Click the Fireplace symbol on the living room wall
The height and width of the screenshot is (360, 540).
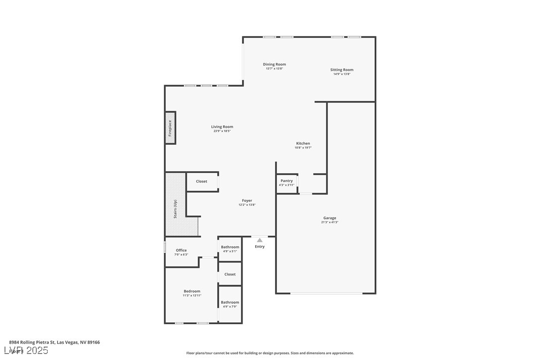(170, 128)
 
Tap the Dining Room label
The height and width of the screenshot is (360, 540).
(274, 64)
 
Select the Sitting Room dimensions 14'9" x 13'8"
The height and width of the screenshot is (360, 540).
(342, 74)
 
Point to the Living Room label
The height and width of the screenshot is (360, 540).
(222, 127)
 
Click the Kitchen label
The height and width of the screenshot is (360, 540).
(303, 143)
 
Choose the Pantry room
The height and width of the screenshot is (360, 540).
(287, 183)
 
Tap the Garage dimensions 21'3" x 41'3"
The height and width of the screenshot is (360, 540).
(330, 222)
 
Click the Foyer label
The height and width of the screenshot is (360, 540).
(247, 200)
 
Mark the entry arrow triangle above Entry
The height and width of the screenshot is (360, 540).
(260, 240)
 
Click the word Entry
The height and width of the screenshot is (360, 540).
(260, 247)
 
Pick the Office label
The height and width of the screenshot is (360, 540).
(181, 250)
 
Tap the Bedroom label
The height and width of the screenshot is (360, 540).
(192, 291)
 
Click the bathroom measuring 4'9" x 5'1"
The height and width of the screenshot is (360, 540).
(230, 249)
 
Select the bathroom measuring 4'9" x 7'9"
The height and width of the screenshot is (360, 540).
(230, 304)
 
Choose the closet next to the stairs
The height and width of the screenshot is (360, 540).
(201, 181)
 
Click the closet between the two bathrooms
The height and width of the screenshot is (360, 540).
(230, 274)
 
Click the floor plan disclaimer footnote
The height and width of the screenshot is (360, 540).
(270, 353)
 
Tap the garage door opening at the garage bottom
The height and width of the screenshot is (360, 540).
(326, 293)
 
